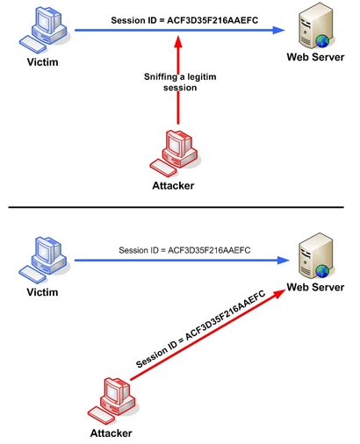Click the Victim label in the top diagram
click(x=43, y=62)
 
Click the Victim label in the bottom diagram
click(x=42, y=292)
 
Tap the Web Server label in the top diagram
click(x=315, y=57)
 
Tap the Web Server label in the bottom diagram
click(x=315, y=287)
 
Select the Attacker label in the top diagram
click(x=173, y=186)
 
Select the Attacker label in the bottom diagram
click(x=112, y=433)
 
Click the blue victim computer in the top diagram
click(x=44, y=30)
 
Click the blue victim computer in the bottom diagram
click(x=44, y=260)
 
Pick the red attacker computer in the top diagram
click(x=175, y=154)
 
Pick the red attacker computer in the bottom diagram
click(x=112, y=401)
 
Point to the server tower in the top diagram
click(x=316, y=26)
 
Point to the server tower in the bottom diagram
click(x=316, y=256)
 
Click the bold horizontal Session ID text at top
click(x=184, y=20)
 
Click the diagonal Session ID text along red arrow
click(x=201, y=329)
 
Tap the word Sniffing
click(x=161, y=77)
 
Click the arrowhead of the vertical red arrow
click(x=178, y=41)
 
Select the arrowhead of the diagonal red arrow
click(x=279, y=293)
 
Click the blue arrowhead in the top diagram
click(x=278, y=30)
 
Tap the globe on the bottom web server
click(x=322, y=271)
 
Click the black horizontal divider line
click(x=176, y=207)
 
